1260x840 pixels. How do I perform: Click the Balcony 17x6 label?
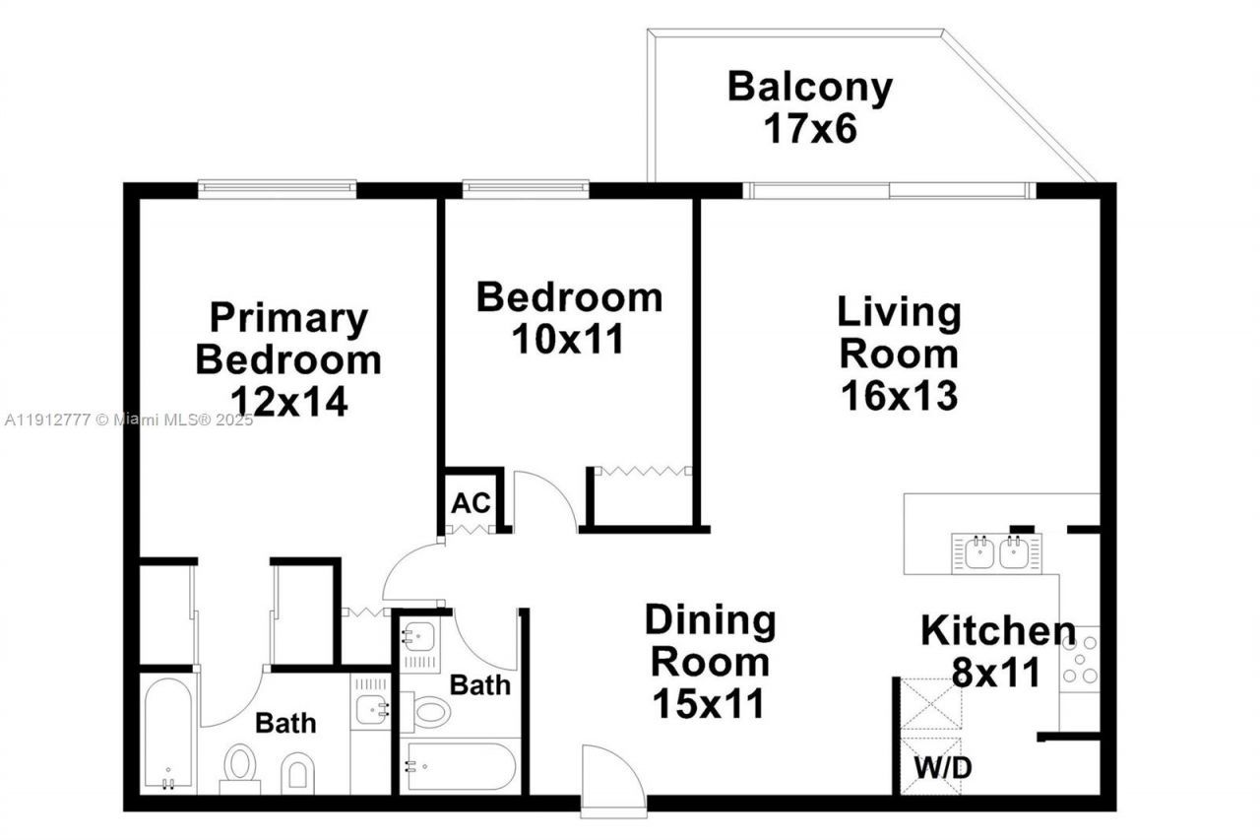coord(809,107)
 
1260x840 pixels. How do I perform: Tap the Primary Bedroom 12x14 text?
coord(288,359)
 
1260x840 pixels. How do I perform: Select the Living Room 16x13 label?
coord(899,354)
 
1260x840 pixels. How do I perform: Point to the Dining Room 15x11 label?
coord(710,662)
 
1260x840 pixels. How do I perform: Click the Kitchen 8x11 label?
coord(996,651)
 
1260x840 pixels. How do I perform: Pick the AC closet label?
coord(471,503)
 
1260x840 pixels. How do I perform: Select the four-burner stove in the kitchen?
coord(1080,659)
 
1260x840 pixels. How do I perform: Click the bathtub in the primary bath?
coord(167,733)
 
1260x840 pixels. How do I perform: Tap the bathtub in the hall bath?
coord(460,766)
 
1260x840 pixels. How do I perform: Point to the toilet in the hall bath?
coord(430,711)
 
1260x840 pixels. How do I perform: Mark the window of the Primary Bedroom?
coord(277,187)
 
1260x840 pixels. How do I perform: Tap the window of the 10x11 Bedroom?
coord(526,187)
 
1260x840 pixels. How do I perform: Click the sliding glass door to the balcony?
coord(889,191)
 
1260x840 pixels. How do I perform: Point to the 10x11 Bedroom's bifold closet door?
coord(644,472)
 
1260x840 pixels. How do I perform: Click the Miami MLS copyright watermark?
coord(129,420)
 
